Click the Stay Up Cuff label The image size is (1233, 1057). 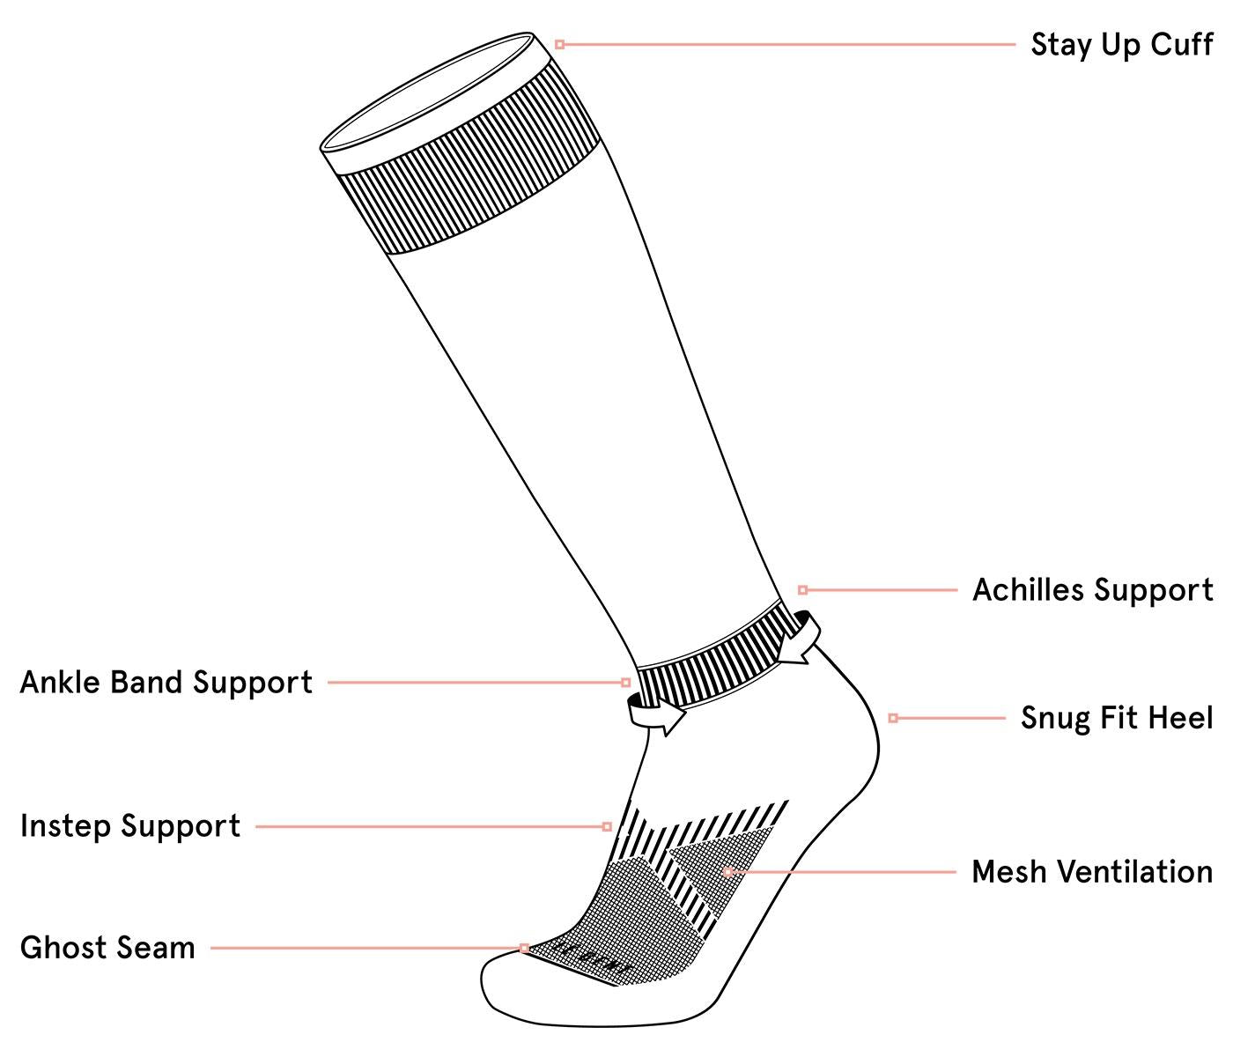point(1121,45)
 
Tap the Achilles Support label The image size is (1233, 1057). point(1093,590)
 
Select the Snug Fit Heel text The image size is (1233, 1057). point(1117,718)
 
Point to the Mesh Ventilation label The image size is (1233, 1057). point(1092,871)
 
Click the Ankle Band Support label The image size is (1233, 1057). point(166,683)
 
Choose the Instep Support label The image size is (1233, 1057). point(130,826)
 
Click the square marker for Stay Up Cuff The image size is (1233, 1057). point(559,45)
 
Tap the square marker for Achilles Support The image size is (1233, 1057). point(803,590)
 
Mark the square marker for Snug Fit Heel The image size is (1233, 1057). point(893,718)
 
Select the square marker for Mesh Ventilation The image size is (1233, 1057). point(727,872)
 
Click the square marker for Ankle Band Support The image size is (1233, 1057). point(625,683)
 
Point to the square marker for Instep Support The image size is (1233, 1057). point(607,827)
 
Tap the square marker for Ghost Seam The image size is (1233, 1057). point(524,948)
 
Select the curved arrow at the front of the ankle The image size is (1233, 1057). point(656,713)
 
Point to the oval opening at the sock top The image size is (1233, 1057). point(427,91)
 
